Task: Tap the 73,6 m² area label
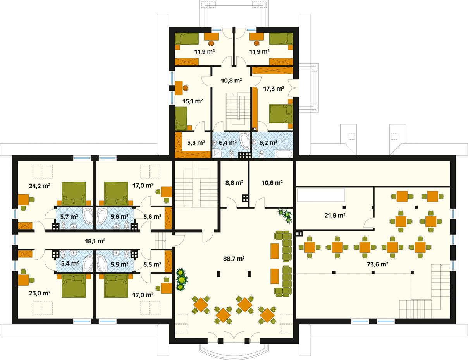coord(377,265)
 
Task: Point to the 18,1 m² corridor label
coord(95,241)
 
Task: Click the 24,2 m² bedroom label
coord(39,185)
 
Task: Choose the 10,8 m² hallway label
coord(231,81)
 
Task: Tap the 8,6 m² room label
coord(234,183)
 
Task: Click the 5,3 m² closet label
coord(195,142)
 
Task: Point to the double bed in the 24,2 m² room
coord(74,193)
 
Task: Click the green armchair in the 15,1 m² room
coord(181,118)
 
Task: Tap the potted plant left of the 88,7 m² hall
coord(181,279)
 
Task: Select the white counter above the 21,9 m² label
coord(321,195)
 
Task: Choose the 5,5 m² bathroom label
coord(119,264)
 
